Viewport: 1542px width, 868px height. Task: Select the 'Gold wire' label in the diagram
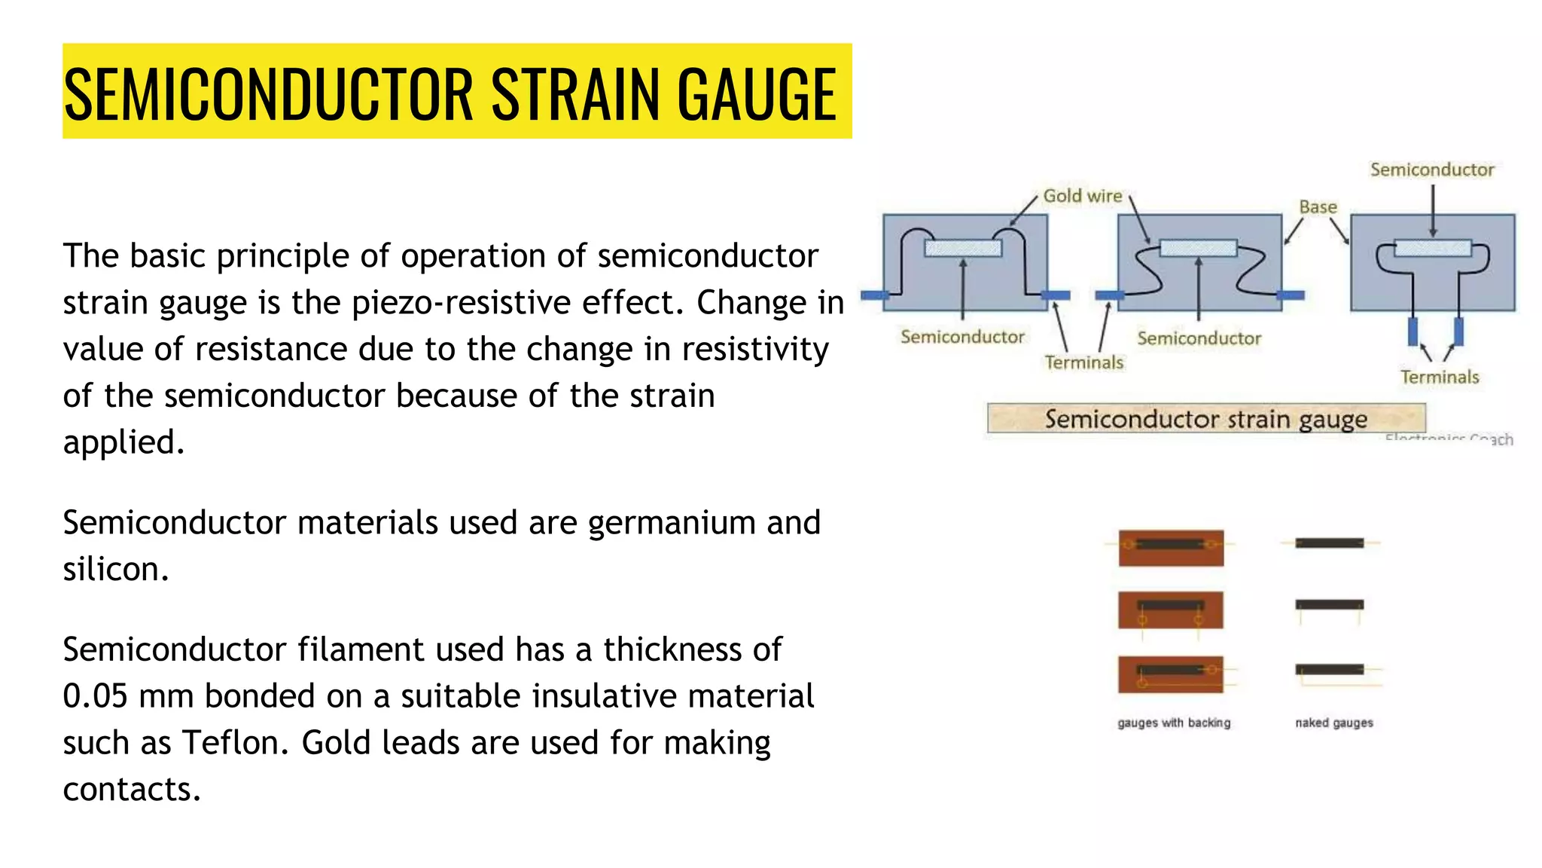point(1082,196)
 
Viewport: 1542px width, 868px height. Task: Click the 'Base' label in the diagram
point(1318,207)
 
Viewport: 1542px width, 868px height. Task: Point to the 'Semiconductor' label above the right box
point(1431,170)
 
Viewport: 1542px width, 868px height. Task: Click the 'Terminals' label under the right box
point(1439,377)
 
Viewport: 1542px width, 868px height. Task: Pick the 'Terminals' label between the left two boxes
point(1083,362)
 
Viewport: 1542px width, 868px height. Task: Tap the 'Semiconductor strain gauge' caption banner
point(1205,419)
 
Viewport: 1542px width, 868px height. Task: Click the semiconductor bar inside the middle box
point(1198,248)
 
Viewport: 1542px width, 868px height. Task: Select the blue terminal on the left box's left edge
point(874,295)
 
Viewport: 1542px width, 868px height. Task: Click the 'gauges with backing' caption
point(1173,723)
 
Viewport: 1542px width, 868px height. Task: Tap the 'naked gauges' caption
point(1333,723)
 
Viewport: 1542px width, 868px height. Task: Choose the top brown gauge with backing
point(1171,548)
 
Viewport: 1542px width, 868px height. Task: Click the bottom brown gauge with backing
point(1171,674)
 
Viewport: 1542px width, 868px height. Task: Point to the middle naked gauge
point(1329,604)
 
